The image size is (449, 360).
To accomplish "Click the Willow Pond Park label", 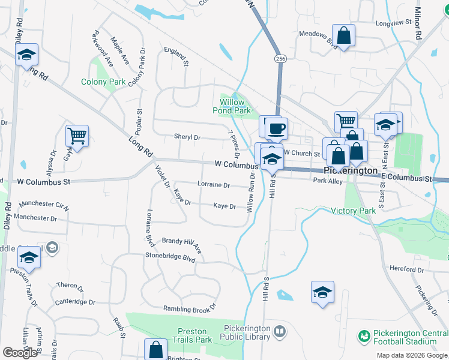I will click(x=232, y=106).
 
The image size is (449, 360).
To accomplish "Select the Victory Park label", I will click(x=354, y=211).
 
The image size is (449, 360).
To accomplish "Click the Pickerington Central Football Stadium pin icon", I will click(x=363, y=337).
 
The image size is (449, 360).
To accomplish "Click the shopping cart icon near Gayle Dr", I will click(x=77, y=136).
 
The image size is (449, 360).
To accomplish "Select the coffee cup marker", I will click(x=276, y=128).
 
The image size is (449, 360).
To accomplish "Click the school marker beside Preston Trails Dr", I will click(x=29, y=257).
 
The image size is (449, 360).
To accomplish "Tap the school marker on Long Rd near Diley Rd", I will click(x=26, y=54).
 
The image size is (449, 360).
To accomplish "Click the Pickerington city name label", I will click(x=350, y=170).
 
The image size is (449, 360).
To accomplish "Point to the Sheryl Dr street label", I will click(x=187, y=137).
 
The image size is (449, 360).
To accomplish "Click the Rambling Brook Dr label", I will click(x=189, y=308).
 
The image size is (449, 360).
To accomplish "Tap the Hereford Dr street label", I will click(x=406, y=269).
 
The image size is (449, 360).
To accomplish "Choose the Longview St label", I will click(x=393, y=22).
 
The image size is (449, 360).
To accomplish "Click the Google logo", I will click(x=20, y=353).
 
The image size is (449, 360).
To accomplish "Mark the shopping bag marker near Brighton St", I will click(x=155, y=350).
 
